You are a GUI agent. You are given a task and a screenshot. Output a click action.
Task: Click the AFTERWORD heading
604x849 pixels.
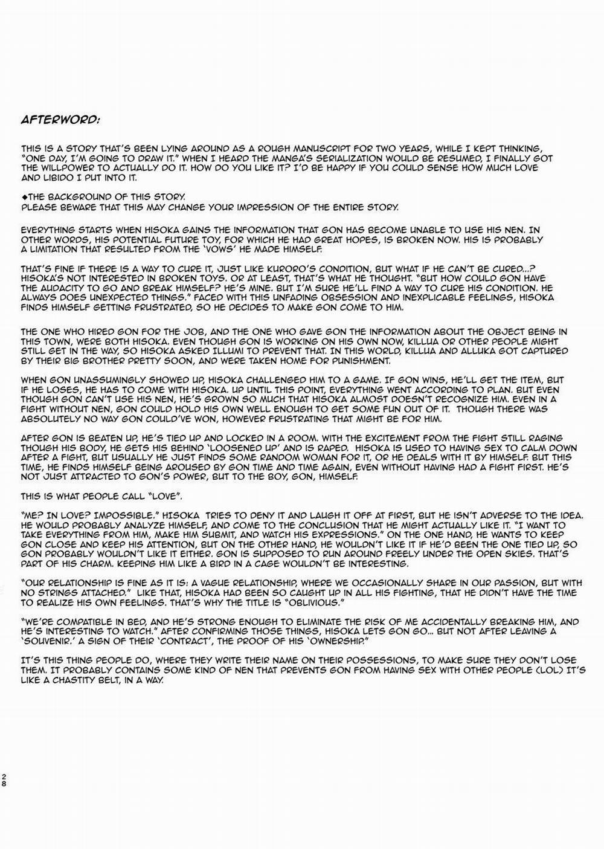point(60,119)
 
